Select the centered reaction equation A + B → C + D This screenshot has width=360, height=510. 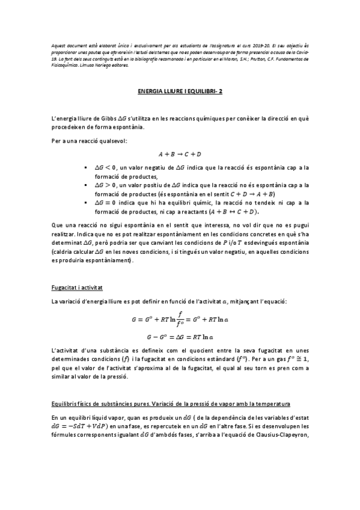(180, 154)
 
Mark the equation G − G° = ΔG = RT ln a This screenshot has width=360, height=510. (180, 337)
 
